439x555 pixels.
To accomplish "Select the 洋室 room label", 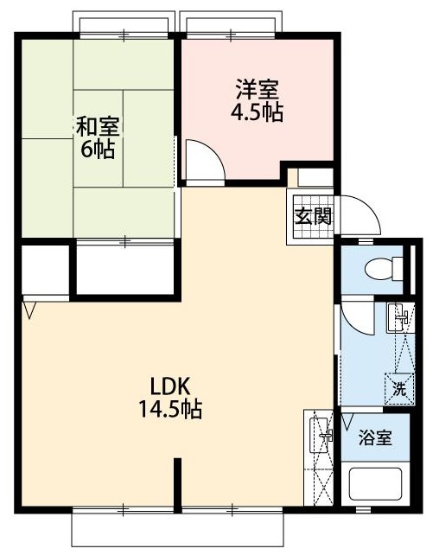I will (x=257, y=90).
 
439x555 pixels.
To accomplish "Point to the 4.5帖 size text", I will (x=258, y=112).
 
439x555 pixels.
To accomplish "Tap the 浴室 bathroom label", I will (x=376, y=437).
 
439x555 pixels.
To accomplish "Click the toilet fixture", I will (x=380, y=269).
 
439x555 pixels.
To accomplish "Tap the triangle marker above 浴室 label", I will (x=348, y=420).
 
